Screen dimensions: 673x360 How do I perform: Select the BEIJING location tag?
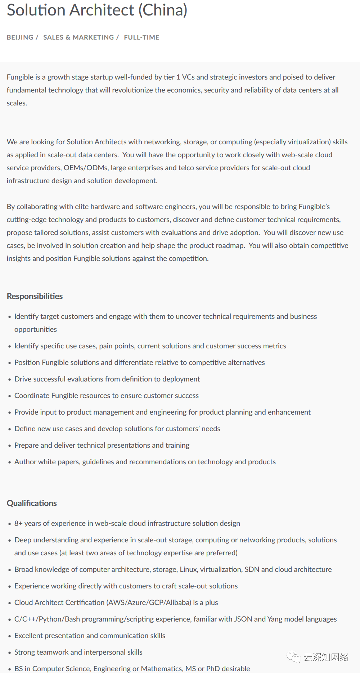[x=20, y=37]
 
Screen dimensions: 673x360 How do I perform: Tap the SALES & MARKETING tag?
[x=78, y=37]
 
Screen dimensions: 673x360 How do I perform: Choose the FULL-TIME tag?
[x=141, y=37]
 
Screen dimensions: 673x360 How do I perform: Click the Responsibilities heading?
[x=35, y=296]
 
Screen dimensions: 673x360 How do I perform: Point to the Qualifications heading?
[x=32, y=503]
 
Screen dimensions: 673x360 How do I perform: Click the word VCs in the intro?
[x=188, y=77]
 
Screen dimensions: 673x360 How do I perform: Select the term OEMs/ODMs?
[x=86, y=168]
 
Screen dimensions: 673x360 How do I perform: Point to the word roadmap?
[x=230, y=245]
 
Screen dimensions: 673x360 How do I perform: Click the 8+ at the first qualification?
[x=18, y=523]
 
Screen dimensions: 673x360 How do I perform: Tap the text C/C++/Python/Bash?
[x=47, y=619]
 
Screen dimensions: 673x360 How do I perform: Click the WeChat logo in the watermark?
[x=294, y=657]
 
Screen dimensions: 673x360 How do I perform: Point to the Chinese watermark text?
[x=326, y=657]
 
